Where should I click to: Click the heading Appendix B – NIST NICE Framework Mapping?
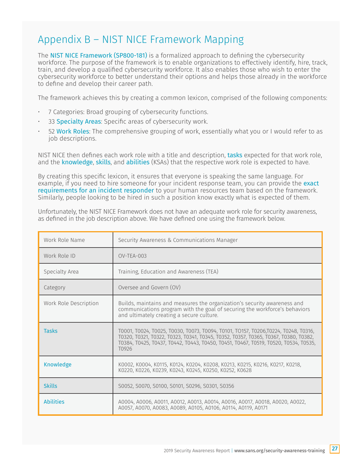pyautogui.click(x=140, y=39)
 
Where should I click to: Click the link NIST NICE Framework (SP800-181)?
pyautogui.click(x=99, y=56)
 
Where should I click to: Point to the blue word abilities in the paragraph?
pyautogui.click(x=138, y=162)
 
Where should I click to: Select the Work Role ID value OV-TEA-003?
pyautogui.click(x=132, y=256)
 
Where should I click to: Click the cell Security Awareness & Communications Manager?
pyautogui.click(x=178, y=240)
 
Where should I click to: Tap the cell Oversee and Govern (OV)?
pyautogui.click(x=149, y=287)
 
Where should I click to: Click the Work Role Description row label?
pyautogui.click(x=71, y=303)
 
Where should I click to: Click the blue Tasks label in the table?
pyautogui.click(x=50, y=331)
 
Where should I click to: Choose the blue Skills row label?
pyautogui.click(x=50, y=386)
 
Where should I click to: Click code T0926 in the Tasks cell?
pyautogui.click(x=125, y=349)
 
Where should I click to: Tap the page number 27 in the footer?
pyautogui.click(x=335, y=449)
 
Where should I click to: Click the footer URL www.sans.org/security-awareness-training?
pyautogui.click(x=280, y=450)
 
